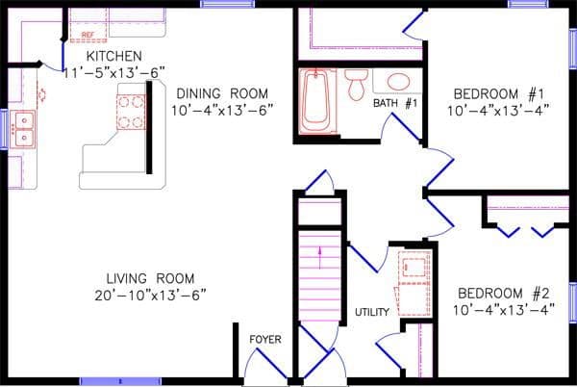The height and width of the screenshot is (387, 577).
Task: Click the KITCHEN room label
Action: (114, 57)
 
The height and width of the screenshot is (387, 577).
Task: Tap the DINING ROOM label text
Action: (221, 93)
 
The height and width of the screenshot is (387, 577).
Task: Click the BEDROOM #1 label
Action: (499, 93)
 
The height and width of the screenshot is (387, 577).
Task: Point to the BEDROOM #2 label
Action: (502, 293)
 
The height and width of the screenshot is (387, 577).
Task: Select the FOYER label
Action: (265, 340)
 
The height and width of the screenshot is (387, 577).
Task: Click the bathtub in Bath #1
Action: (315, 100)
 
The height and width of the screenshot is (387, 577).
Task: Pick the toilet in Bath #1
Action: (356, 84)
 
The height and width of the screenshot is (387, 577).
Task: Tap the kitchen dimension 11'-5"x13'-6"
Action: (114, 72)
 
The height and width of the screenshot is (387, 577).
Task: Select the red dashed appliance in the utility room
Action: (414, 278)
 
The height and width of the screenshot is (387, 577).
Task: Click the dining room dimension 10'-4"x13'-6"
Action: (221, 110)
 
